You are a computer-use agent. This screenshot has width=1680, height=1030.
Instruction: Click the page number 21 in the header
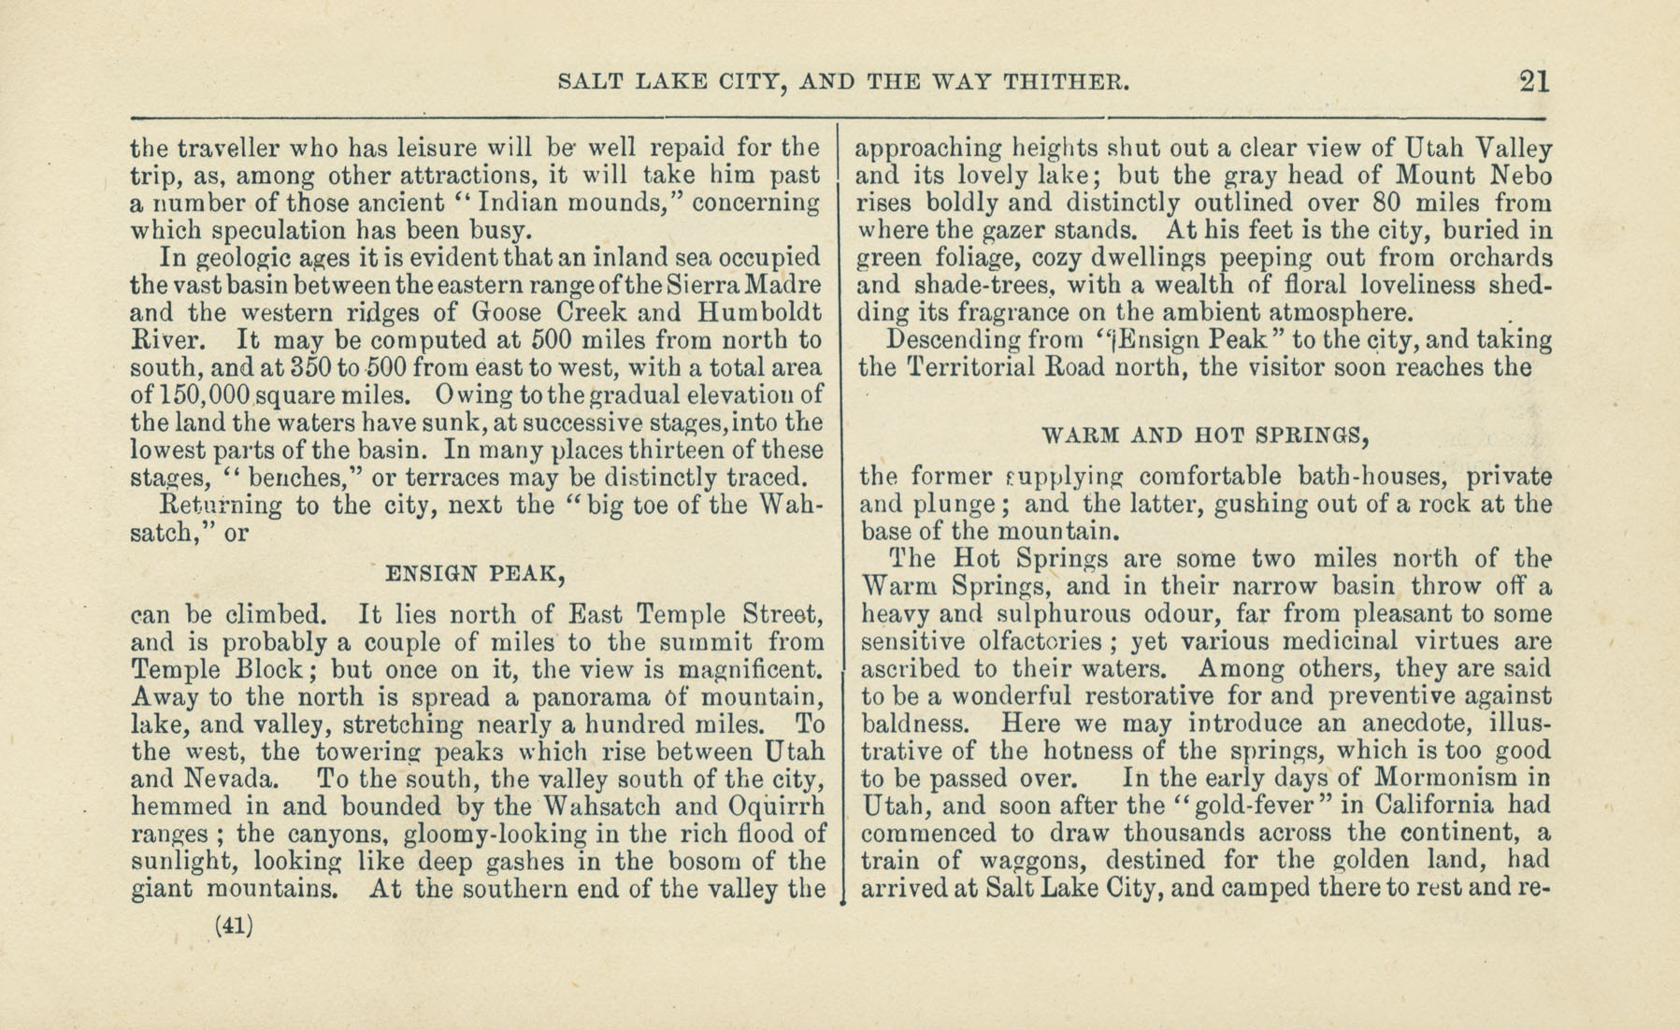click(1534, 80)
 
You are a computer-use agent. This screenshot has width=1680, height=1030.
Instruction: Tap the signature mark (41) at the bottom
click(234, 925)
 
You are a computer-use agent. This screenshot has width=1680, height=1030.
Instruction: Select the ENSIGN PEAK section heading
click(477, 573)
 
